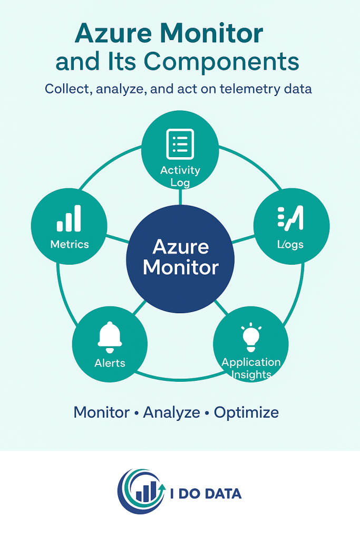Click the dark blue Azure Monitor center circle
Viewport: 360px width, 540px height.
click(x=180, y=257)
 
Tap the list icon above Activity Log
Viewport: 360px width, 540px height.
click(x=180, y=143)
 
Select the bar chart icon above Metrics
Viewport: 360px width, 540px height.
click(x=69, y=219)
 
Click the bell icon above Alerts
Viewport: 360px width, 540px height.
click(x=110, y=337)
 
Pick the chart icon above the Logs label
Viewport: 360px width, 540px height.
click(x=291, y=218)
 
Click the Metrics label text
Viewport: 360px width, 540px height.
click(x=70, y=244)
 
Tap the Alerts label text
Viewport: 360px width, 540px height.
click(x=110, y=363)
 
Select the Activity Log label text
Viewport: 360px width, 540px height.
click(x=180, y=176)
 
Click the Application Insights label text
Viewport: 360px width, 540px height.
click(x=251, y=368)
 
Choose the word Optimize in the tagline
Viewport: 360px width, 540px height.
click(x=246, y=412)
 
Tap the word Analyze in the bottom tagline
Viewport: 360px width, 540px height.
click(x=172, y=412)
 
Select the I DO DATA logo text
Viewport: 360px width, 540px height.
click(x=207, y=494)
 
